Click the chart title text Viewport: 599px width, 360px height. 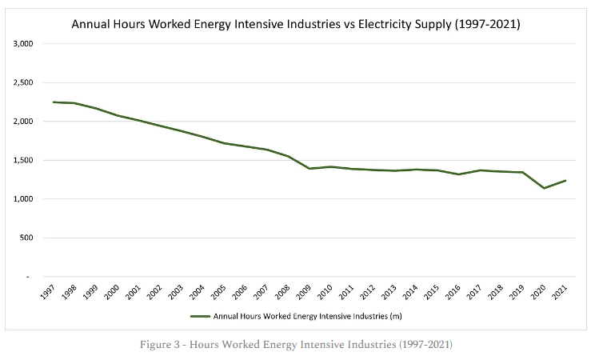click(x=296, y=24)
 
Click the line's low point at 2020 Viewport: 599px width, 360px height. click(x=545, y=188)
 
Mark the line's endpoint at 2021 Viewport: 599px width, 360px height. click(x=565, y=181)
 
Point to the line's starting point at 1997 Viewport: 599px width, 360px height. click(x=54, y=102)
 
